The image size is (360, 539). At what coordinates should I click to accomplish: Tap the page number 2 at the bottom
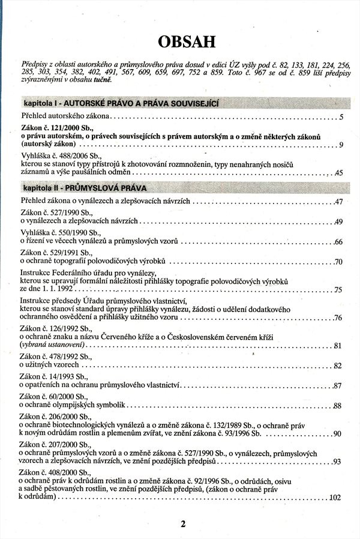coord(183,523)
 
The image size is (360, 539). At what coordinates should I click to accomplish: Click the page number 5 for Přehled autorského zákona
coord(340,117)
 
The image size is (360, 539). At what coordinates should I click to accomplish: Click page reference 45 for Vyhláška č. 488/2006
coord(338,173)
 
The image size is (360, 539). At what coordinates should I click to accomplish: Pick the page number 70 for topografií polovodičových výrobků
coord(338,262)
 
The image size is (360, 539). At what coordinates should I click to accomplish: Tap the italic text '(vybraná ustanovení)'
coord(53,346)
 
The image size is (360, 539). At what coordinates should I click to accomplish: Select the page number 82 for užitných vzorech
coord(338,365)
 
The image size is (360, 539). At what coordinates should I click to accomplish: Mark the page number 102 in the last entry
coord(335,498)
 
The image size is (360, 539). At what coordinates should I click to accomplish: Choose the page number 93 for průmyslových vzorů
coord(337,461)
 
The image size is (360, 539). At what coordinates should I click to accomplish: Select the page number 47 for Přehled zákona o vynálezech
coord(338,202)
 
